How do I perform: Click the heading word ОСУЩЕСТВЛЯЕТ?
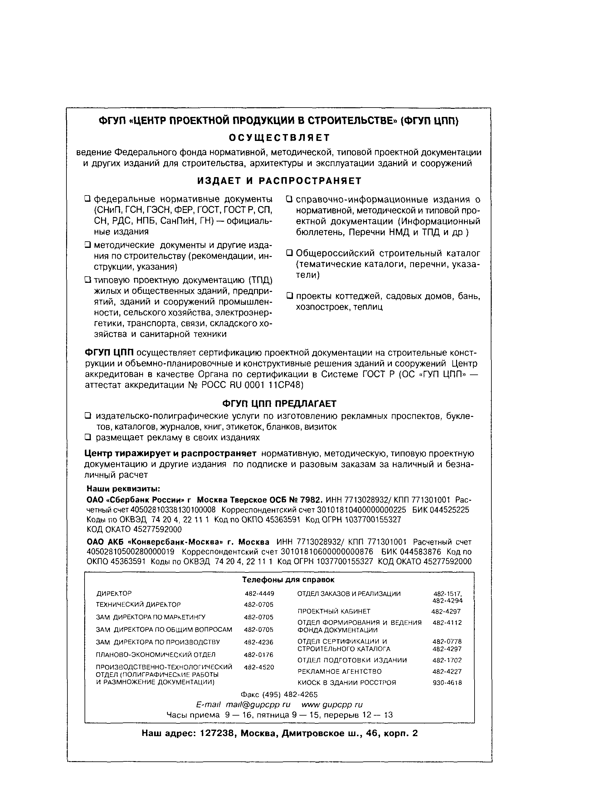coord(279,138)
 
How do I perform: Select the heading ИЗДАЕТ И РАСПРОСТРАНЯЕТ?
coord(279,181)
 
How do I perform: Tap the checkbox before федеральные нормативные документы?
coord(87,199)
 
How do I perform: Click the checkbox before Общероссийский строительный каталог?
coord(290,253)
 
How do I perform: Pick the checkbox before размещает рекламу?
coord(88,437)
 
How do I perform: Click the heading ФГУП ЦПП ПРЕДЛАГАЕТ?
coord(279,403)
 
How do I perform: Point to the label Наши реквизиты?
coord(123,489)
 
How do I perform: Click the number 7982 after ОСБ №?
coord(311,500)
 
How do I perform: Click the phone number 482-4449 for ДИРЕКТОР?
coord(259,594)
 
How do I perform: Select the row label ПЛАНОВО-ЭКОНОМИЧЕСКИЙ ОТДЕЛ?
coord(156,655)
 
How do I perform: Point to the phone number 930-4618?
coord(447,683)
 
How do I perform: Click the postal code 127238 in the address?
coord(217,733)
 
